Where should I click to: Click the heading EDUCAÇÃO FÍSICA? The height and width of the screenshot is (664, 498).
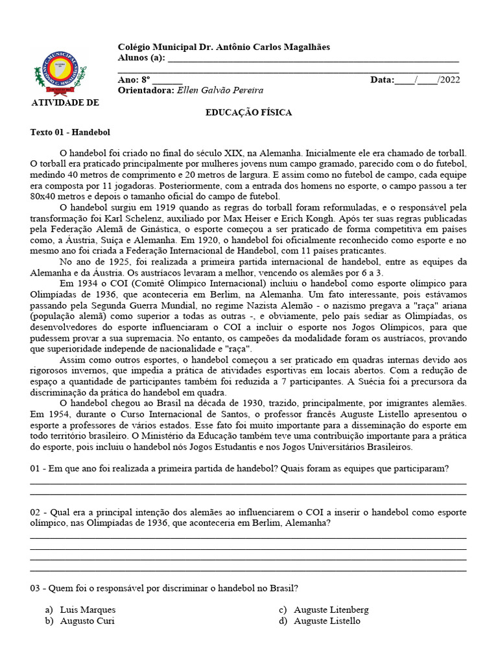point(248,113)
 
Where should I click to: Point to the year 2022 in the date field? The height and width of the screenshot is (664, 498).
point(449,80)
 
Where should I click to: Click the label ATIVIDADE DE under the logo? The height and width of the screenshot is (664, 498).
point(65,102)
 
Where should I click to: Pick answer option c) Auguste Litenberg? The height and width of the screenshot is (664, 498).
point(331,610)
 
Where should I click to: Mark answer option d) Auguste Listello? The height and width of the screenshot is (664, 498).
point(327,621)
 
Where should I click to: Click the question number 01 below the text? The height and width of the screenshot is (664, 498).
point(36,469)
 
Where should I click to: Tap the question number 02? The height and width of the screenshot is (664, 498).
point(36,512)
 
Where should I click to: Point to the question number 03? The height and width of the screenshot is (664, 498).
point(36,588)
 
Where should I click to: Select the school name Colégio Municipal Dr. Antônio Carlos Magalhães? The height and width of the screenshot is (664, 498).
point(224,47)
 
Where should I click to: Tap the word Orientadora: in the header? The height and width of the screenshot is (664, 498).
point(146,91)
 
